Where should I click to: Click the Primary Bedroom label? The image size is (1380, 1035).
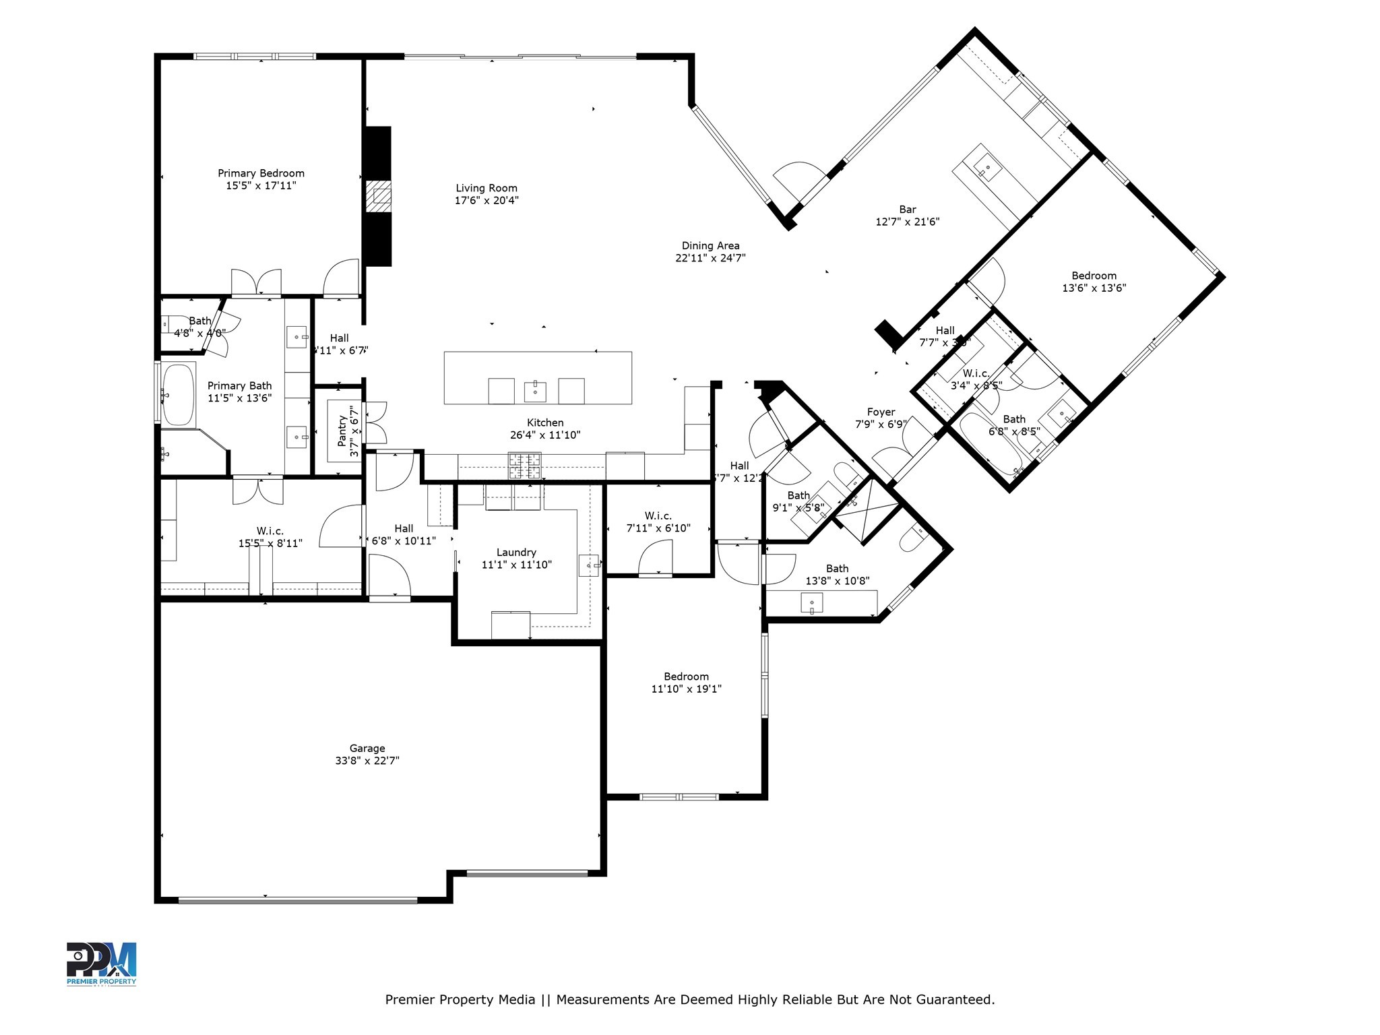click(261, 174)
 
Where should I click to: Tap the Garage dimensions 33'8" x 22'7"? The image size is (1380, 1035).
click(367, 761)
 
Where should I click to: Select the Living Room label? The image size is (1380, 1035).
click(487, 189)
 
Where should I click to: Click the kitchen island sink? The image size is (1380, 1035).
click(535, 391)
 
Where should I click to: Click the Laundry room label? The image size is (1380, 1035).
click(516, 553)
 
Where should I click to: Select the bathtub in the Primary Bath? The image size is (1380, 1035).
click(178, 395)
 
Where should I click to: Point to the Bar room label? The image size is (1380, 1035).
click(907, 210)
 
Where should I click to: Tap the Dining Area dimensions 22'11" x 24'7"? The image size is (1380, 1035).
click(710, 258)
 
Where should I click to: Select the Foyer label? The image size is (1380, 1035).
click(881, 412)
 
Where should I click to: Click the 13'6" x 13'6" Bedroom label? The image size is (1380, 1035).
click(1094, 276)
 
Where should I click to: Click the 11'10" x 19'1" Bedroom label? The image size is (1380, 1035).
click(686, 677)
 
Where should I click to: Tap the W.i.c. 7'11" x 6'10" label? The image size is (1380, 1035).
click(658, 516)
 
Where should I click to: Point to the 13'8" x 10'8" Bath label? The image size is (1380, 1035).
click(837, 569)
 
